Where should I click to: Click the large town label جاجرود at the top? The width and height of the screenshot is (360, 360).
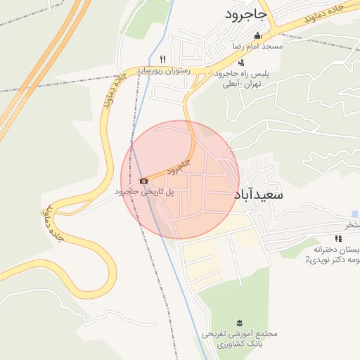pos(245,13)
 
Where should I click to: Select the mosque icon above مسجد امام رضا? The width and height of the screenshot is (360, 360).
pos(257,36)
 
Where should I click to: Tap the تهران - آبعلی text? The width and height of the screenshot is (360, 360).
pos(242,84)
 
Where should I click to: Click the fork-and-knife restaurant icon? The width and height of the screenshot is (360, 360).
pos(163,59)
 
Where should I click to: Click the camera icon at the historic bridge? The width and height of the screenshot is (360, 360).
pos(143,181)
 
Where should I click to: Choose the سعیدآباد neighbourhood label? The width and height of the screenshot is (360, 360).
pos(257,195)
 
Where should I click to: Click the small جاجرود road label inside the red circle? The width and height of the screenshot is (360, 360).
pos(179,167)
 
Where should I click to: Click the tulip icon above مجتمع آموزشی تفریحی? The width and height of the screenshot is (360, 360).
pos(239,323)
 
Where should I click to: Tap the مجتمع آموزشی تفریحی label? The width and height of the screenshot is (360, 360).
pos(239,333)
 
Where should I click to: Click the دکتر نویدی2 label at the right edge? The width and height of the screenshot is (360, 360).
pos(332,260)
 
